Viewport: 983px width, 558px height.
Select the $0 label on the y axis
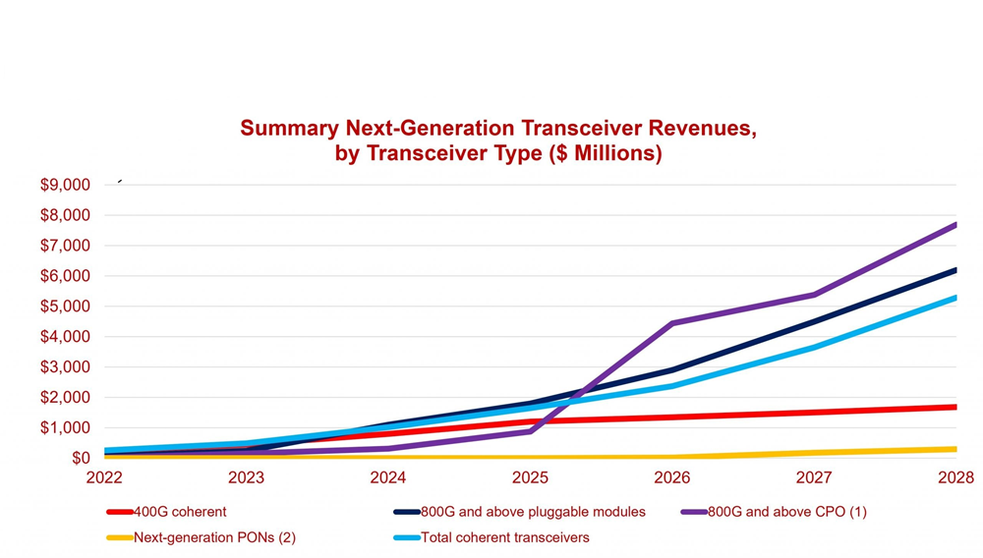point(80,458)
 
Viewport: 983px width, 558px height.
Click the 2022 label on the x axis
point(104,477)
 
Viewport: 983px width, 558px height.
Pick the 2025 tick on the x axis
point(530,477)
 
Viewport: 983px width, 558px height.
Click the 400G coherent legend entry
point(180,512)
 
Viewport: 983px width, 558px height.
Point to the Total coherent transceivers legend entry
point(504,537)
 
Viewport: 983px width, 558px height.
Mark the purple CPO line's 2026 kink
point(672,323)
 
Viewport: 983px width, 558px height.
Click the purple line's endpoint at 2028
point(955,224)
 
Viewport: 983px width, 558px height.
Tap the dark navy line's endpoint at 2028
point(955,269)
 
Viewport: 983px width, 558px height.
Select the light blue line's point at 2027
point(814,347)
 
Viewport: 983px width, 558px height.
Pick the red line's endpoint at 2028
point(955,407)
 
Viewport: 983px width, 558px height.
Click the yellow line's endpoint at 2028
point(955,449)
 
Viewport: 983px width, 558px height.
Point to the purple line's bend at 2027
point(814,295)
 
